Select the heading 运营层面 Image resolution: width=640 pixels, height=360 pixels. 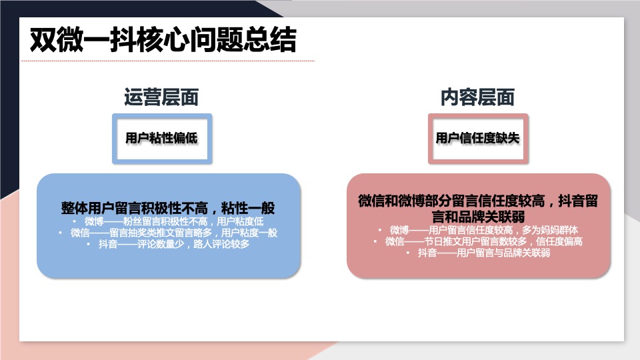(x=161, y=97)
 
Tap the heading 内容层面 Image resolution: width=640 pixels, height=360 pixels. (x=477, y=97)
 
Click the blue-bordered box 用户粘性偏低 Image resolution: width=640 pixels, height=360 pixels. (x=162, y=139)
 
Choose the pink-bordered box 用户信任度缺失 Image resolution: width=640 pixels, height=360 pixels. (x=477, y=139)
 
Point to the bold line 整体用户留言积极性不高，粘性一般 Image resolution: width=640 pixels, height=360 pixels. (x=168, y=207)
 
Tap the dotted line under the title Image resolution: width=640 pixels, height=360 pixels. (x=167, y=61)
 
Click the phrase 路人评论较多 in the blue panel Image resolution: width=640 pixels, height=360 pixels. (x=223, y=245)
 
